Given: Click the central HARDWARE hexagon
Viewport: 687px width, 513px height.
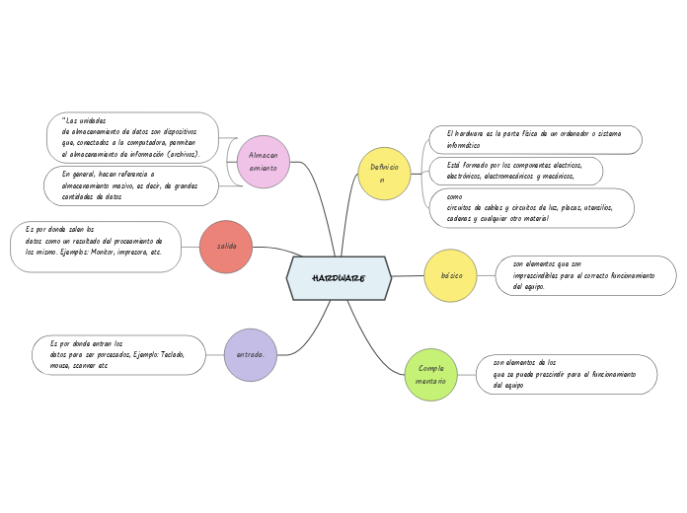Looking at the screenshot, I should pyautogui.click(x=339, y=278).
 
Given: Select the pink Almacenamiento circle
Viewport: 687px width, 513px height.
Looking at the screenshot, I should pyautogui.click(x=264, y=162).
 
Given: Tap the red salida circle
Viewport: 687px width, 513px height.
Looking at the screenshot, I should pyautogui.click(x=226, y=247).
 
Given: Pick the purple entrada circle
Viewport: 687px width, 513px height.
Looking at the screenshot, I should pyautogui.click(x=251, y=354).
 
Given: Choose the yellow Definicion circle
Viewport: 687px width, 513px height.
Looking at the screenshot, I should pyautogui.click(x=384, y=174).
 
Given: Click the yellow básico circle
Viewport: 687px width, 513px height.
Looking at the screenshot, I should pyautogui.click(x=451, y=275).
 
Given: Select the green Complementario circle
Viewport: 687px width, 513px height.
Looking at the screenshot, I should pyautogui.click(x=431, y=375).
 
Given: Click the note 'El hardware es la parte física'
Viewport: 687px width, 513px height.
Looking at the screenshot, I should pyautogui.click(x=535, y=139).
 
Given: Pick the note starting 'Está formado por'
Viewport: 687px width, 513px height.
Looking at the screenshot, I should pyautogui.click(x=515, y=171).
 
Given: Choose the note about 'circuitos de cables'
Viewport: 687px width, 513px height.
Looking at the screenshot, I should pyautogui.click(x=531, y=208).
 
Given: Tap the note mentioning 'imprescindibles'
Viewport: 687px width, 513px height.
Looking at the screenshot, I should pyautogui.click(x=584, y=275).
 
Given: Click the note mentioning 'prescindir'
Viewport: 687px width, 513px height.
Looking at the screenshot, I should pyautogui.click(x=565, y=375).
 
